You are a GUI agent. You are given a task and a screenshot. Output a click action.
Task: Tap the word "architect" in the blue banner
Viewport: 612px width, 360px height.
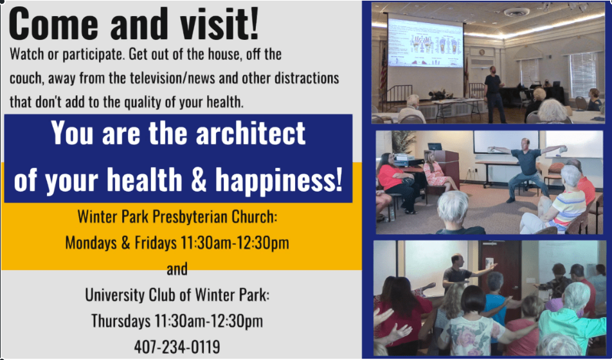point(251,133)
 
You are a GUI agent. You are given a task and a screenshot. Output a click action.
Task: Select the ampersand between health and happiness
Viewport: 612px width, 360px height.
point(199,180)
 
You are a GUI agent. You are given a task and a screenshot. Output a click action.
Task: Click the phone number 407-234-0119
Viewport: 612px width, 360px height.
point(177,346)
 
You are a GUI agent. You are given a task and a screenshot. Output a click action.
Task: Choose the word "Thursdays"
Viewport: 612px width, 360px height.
point(121,321)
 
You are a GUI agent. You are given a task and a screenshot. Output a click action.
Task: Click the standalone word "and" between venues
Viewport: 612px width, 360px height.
point(177,269)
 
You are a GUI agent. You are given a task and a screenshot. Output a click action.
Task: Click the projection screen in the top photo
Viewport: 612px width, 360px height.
point(425,42)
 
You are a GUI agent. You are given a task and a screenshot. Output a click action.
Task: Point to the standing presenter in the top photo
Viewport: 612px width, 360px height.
point(494,94)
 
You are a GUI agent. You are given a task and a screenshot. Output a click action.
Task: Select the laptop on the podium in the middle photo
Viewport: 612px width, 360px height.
point(435,147)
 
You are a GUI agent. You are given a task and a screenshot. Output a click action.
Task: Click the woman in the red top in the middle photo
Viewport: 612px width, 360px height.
point(397,182)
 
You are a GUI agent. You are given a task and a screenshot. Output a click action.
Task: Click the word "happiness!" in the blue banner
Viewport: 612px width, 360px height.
point(279,180)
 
